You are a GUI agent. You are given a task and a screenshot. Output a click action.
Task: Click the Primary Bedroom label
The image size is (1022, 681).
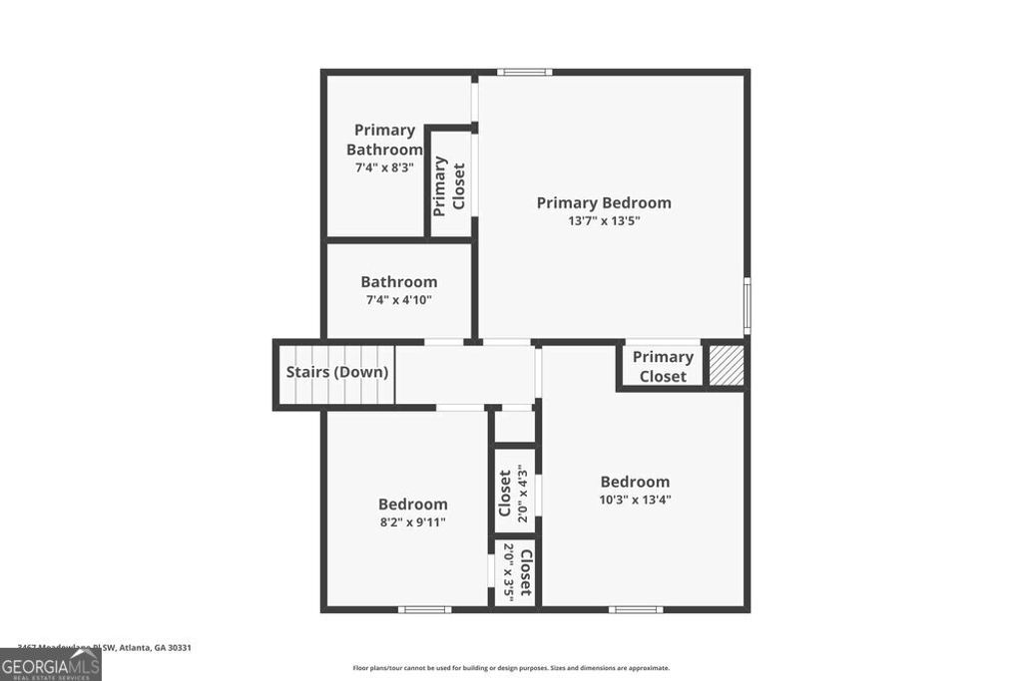click(x=604, y=202)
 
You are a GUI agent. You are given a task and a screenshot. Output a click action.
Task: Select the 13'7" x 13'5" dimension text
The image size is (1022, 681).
click(x=604, y=221)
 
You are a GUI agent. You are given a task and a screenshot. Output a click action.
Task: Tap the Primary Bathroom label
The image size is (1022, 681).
click(x=384, y=140)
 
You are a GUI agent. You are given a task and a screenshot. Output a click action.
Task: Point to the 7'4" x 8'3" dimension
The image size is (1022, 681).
click(x=384, y=168)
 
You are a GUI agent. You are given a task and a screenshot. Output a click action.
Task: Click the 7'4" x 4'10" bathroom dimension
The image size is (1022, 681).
click(x=398, y=299)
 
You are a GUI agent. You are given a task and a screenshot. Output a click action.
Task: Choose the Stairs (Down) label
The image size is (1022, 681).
click(x=337, y=372)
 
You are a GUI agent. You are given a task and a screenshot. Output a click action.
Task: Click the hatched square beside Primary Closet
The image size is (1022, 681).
click(x=726, y=365)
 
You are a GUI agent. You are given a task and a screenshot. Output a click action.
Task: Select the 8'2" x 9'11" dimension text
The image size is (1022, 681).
click(x=412, y=521)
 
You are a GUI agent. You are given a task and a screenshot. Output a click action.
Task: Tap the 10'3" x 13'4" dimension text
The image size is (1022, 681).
click(x=635, y=501)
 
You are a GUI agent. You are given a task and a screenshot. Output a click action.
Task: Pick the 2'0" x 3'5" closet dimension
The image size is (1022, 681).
click(x=509, y=571)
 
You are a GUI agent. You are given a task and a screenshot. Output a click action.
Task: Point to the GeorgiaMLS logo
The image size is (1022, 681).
click(x=50, y=665)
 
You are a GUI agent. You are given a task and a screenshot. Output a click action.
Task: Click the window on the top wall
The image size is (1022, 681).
click(x=525, y=72)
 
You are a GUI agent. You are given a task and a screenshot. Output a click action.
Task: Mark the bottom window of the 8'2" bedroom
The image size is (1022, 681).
click(x=424, y=609)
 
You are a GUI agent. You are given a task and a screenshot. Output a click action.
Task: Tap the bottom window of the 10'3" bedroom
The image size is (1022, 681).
click(x=636, y=609)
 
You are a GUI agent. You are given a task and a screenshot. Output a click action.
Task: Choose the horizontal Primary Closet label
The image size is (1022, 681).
click(x=663, y=366)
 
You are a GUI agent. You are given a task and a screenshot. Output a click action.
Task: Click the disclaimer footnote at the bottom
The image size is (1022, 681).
click(x=511, y=668)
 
